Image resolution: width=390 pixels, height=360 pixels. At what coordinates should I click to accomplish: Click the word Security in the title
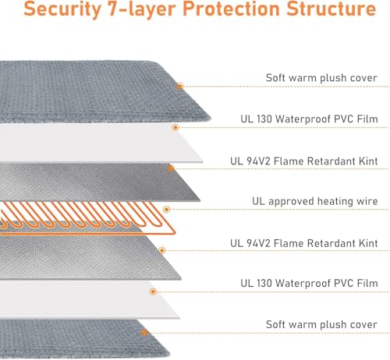pos(62,9)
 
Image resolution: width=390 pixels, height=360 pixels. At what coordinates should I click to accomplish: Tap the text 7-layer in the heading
pos(142,9)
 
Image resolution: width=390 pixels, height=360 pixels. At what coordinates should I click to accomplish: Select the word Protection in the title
pos(232,8)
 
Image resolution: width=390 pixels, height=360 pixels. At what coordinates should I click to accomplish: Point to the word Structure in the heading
pos(331,8)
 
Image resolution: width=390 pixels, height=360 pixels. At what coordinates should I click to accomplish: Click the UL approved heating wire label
pos(315,201)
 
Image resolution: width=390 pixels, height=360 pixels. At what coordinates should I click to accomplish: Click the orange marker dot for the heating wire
pos(166,210)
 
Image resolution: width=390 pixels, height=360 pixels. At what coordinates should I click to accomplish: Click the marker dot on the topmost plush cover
pos(179,86)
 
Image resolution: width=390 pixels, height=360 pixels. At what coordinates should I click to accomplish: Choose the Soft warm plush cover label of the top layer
pos(321,78)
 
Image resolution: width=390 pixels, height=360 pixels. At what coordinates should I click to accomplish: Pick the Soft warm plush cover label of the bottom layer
pos(321,325)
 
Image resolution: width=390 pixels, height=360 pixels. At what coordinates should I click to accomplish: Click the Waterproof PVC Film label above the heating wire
pos(309,119)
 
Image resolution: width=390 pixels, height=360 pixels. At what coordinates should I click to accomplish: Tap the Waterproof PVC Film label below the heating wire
pos(309,283)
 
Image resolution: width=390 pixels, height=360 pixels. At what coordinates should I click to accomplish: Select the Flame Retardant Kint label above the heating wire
pos(304,161)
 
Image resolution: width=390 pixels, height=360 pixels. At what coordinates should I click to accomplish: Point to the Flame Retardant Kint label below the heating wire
pos(304,243)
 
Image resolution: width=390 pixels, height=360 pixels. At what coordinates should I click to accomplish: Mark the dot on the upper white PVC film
pos(175,127)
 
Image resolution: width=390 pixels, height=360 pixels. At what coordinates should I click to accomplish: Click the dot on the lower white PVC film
pos(153,291)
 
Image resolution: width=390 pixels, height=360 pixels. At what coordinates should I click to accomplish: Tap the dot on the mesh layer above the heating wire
pos(171,168)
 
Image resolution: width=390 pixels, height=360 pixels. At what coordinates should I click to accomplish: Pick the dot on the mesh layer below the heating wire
pos(162,250)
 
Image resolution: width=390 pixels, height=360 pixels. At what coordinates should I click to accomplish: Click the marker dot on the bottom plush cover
pos(144,333)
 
